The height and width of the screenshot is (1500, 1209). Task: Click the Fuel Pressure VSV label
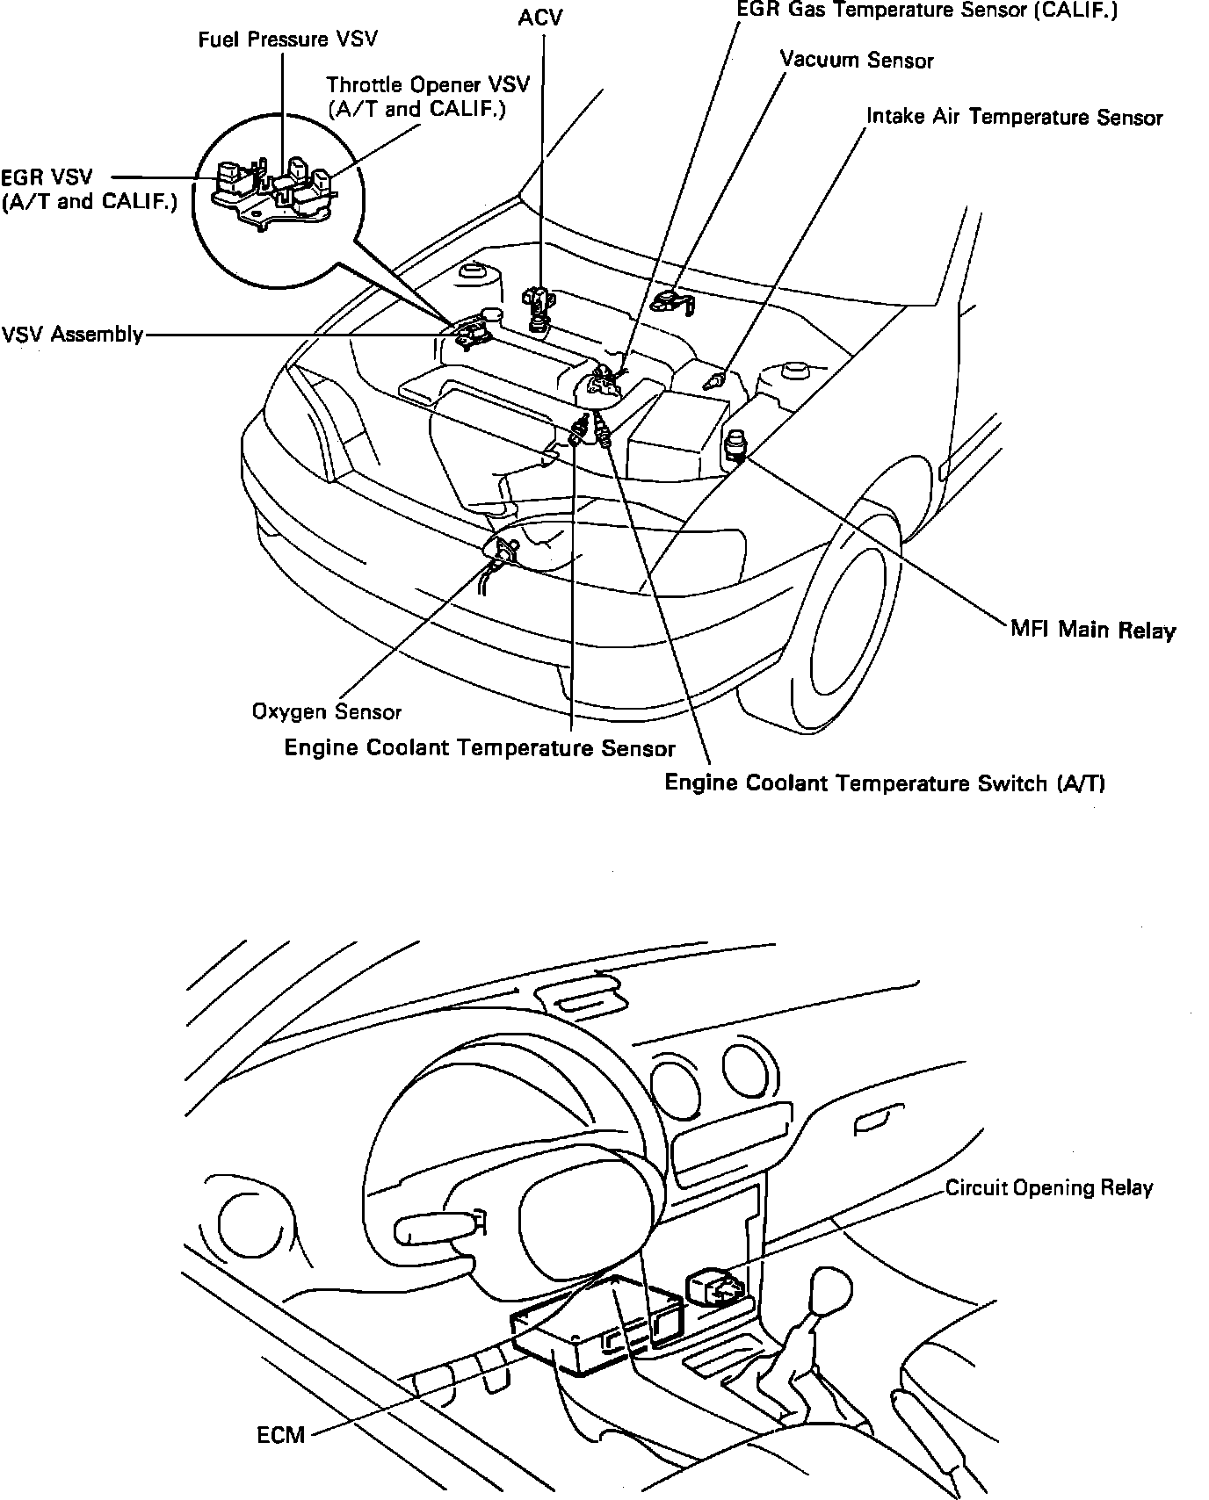(x=288, y=41)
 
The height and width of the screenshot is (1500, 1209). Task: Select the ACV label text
(x=540, y=17)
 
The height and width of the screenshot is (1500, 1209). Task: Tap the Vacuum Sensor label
(x=857, y=60)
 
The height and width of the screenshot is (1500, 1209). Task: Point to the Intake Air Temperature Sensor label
(x=1014, y=117)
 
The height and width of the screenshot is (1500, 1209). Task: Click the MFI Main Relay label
(x=1092, y=629)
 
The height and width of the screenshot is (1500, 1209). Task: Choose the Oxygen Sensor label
(x=326, y=711)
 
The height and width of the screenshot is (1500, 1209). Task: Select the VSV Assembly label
(x=72, y=335)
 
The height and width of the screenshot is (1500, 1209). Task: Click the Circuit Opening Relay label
(x=1048, y=1187)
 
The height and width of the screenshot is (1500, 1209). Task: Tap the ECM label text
(x=281, y=1435)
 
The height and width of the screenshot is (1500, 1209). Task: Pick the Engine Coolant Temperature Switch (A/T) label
(x=884, y=782)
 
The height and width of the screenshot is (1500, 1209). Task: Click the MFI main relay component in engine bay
(x=735, y=447)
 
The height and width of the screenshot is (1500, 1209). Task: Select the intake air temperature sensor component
(x=714, y=381)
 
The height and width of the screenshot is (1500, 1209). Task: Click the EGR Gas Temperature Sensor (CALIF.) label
(x=927, y=11)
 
